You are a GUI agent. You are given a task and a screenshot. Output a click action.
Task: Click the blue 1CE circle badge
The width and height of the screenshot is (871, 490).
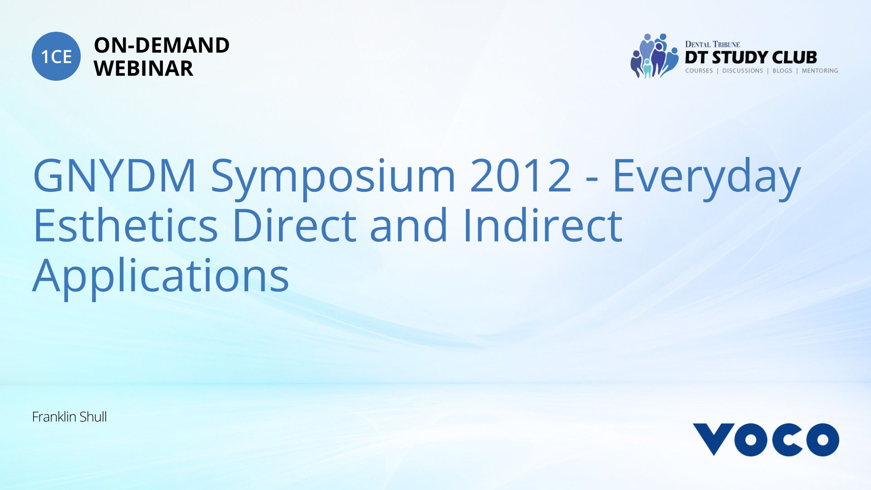[x=56, y=56]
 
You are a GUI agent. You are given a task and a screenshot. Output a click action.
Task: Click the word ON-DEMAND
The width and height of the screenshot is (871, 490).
[x=161, y=45]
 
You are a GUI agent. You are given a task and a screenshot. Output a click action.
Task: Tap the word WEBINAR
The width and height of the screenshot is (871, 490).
[x=143, y=69]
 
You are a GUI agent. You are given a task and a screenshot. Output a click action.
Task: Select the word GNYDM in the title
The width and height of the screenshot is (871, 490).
[x=114, y=176]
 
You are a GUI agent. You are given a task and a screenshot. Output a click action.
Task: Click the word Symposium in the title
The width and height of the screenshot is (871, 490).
[x=333, y=179]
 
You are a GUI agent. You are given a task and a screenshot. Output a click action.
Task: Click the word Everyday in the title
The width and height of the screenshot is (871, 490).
[x=707, y=179]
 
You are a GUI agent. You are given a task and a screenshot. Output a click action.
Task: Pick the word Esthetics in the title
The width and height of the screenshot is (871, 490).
[x=125, y=225]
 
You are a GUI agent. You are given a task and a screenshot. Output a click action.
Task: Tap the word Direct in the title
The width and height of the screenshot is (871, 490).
[x=294, y=225]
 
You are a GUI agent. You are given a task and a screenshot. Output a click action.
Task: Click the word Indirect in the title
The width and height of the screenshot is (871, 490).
[x=543, y=225]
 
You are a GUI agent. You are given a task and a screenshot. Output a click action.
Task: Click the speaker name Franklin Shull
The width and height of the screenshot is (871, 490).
[x=69, y=417]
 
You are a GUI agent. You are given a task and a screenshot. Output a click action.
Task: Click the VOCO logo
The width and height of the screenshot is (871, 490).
[x=766, y=440]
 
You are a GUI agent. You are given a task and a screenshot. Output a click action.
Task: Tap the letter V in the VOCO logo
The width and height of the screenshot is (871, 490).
[x=714, y=438]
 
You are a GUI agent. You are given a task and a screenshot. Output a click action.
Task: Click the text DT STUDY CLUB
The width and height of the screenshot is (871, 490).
[x=751, y=58]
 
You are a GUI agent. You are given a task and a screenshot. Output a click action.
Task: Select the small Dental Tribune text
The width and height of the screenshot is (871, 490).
[x=712, y=44]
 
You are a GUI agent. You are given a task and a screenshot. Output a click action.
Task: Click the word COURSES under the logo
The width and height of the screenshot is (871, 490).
[x=699, y=71]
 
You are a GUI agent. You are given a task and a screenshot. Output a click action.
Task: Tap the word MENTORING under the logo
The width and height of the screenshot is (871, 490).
[x=820, y=71]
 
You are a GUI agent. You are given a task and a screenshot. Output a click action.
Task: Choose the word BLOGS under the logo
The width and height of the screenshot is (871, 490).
[x=782, y=71]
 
